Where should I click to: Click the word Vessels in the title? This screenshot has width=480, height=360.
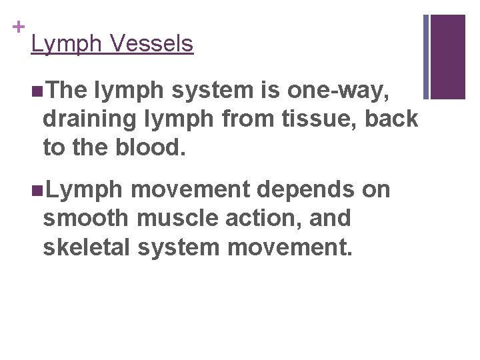(x=152, y=44)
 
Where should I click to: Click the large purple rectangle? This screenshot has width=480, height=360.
(x=448, y=57)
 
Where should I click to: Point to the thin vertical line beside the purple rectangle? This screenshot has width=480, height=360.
(x=425, y=57)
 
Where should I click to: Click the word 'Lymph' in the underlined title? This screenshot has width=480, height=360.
(x=66, y=45)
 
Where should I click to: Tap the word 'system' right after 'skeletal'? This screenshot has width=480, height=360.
(x=179, y=247)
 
